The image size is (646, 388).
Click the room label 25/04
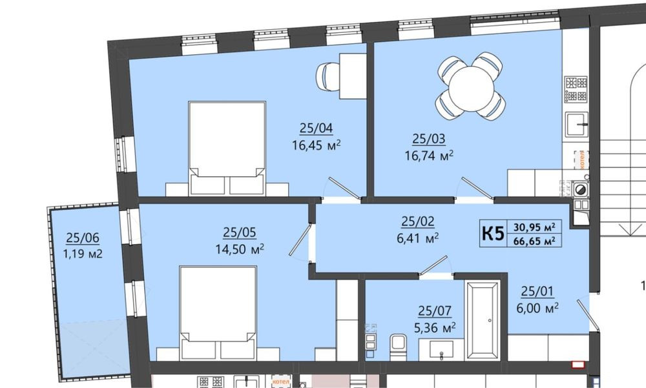(x=316, y=128)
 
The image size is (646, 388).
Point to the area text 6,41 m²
(x=417, y=237)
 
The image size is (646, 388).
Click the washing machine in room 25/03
(x=581, y=189)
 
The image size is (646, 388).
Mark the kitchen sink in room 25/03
(x=576, y=123)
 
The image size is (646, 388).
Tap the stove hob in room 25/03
(x=576, y=89)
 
